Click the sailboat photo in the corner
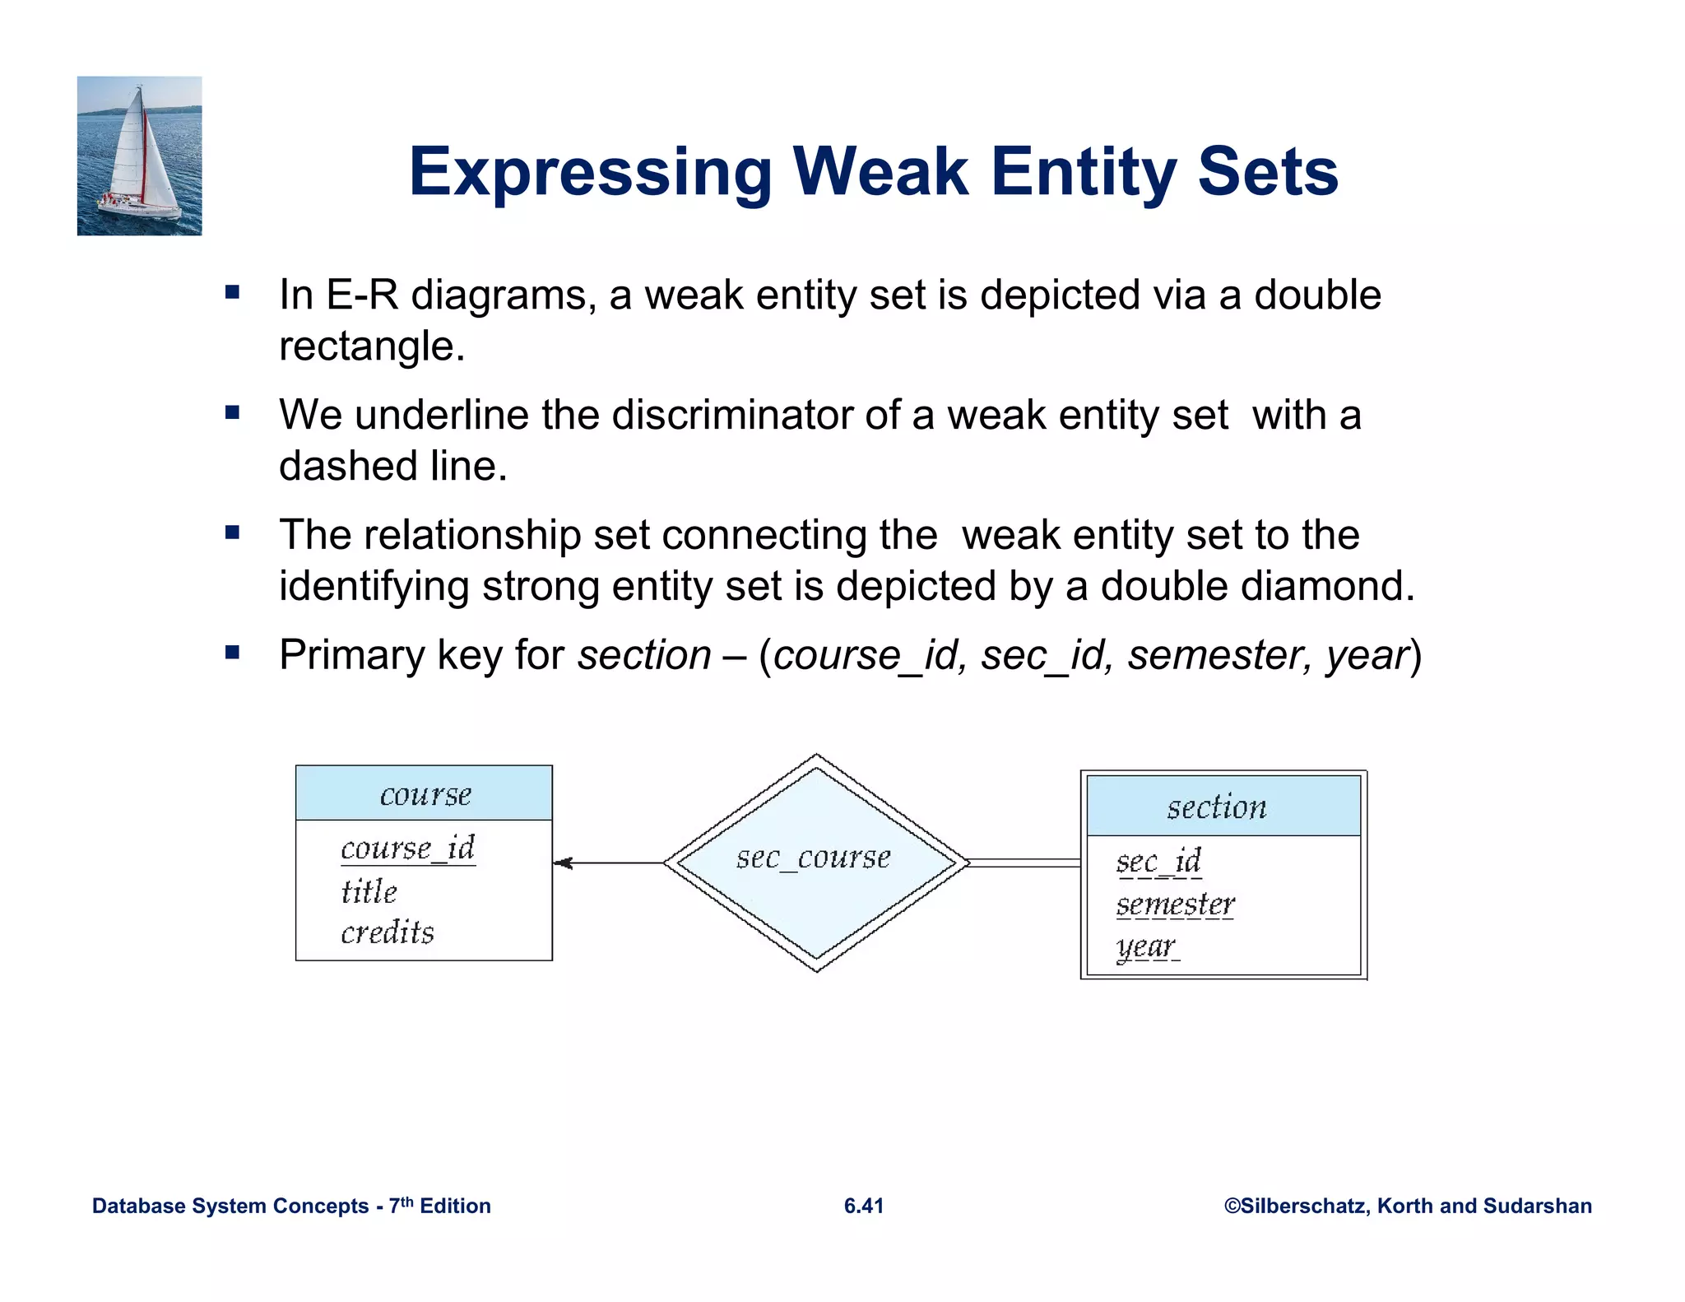(139, 156)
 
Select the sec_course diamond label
(813, 858)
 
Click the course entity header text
(425, 794)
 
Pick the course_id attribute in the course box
(407, 848)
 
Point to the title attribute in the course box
(369, 891)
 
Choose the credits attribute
(387, 932)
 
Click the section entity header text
(1216, 807)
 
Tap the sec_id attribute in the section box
(1158, 862)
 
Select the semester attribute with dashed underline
(1175, 904)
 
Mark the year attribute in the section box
(1145, 947)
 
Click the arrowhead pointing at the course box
(564, 863)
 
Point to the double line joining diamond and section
(1024, 863)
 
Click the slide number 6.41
(863, 1206)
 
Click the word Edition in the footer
(455, 1206)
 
